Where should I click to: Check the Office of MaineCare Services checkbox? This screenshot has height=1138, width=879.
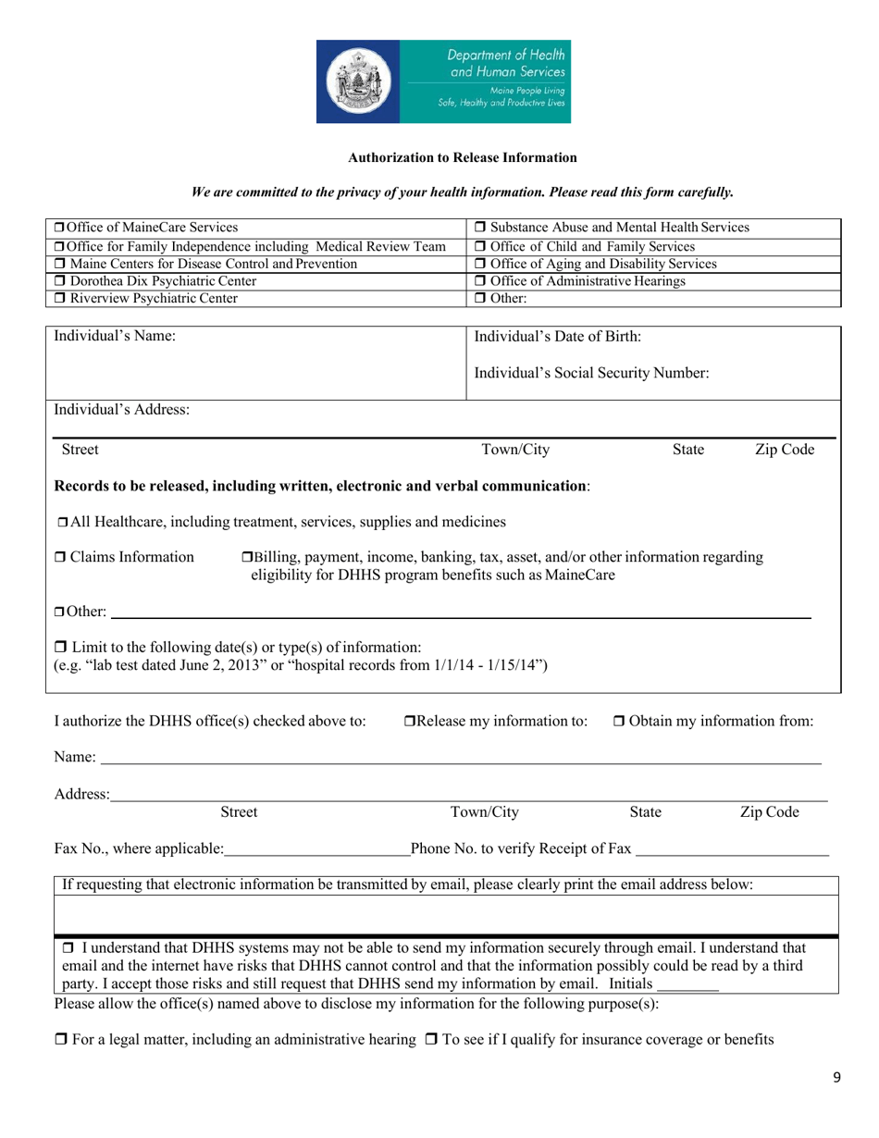point(57,228)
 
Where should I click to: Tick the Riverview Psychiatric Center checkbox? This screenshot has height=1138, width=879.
point(58,298)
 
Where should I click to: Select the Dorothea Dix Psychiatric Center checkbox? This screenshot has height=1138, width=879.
point(58,280)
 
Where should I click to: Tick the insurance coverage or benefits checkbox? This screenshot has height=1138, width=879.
point(430,1040)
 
